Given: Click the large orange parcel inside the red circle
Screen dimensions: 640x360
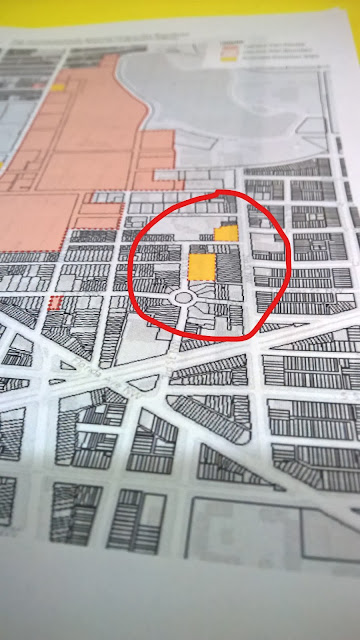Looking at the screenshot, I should [202, 267].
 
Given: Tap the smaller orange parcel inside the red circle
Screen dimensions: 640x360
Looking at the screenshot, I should [227, 233].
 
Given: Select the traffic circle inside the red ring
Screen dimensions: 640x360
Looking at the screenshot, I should [183, 298].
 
